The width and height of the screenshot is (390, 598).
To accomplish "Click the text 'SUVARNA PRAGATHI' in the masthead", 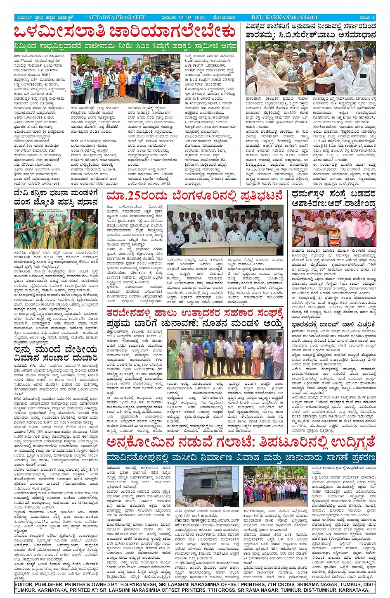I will [x=117, y=17].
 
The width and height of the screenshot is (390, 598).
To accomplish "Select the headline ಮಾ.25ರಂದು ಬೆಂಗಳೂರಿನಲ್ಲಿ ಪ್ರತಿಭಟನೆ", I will [x=194, y=195].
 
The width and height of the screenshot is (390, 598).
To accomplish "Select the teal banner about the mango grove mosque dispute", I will [x=241, y=458].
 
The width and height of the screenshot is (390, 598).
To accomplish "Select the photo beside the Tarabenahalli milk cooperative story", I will [x=225, y=354].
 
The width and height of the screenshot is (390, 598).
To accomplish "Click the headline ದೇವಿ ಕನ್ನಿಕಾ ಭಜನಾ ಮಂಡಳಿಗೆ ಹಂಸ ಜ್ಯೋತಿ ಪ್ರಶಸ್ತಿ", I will [x=56, y=198].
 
